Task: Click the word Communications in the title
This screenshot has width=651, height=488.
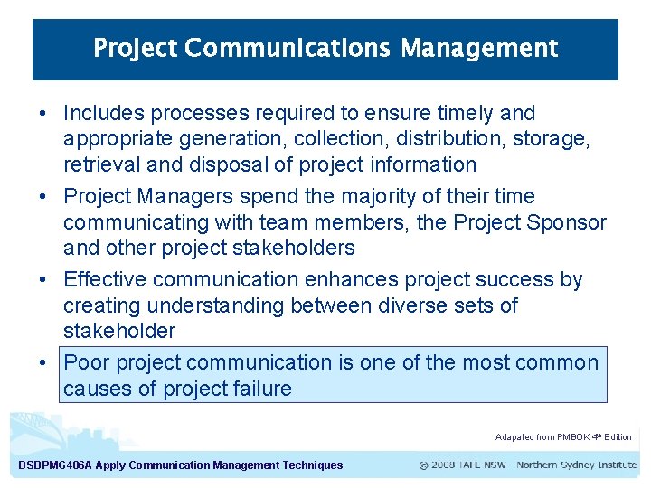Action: coord(289,48)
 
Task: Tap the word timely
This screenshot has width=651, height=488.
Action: coord(462,114)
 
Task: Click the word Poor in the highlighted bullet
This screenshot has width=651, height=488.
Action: coord(86,363)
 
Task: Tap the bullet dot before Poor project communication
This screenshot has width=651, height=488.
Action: coord(42,363)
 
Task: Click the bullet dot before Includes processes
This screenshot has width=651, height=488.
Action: coord(42,114)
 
